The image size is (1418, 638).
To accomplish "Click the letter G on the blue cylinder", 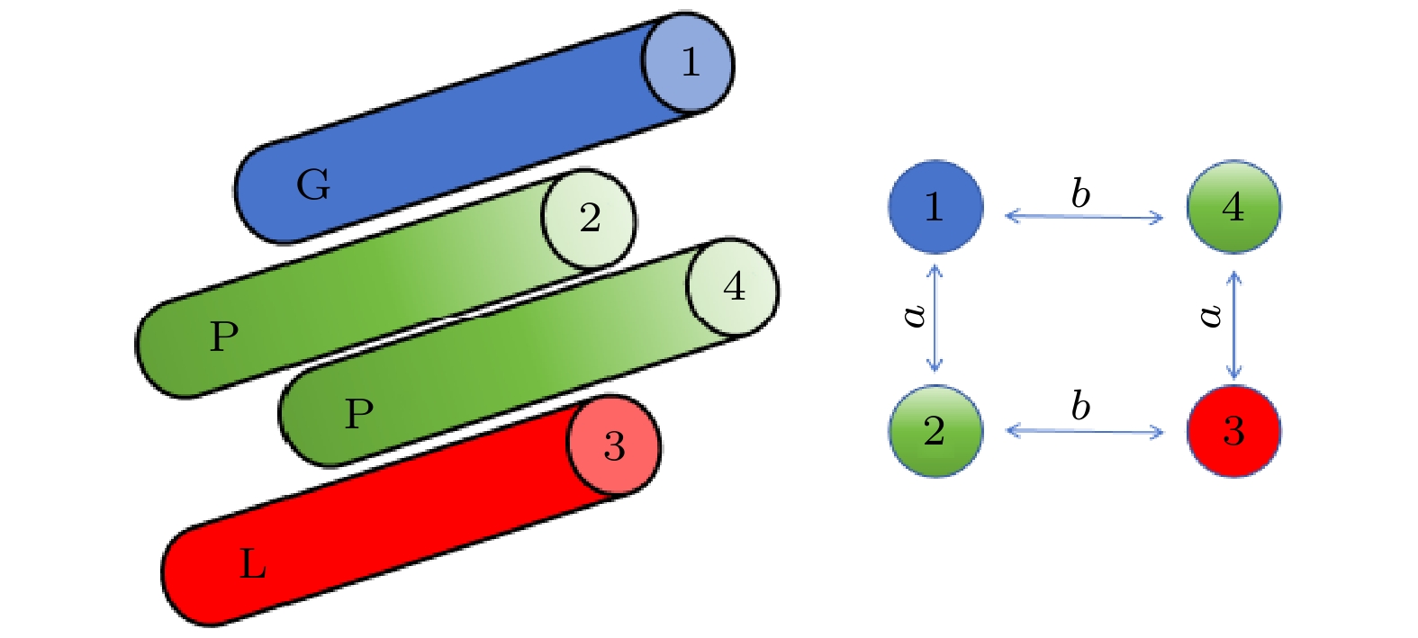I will [313, 185].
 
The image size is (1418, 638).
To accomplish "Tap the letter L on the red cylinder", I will [253, 565].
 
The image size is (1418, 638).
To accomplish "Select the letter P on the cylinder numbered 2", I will [224, 337].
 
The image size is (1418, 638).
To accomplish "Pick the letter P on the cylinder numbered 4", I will [359, 414].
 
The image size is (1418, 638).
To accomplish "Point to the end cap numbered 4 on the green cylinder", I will [733, 287].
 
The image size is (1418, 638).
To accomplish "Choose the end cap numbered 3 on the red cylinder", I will [614, 445].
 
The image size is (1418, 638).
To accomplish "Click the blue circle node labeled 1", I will [935, 207].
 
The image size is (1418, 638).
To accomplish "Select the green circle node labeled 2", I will [935, 432].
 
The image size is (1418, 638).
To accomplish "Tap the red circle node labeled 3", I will [1233, 432].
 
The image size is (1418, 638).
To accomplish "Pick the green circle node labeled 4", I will [1233, 207].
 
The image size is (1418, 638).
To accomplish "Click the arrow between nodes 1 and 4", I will [1084, 217].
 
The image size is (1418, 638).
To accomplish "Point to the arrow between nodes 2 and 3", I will [1084, 432].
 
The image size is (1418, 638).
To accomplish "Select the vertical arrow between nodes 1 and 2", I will [935, 318].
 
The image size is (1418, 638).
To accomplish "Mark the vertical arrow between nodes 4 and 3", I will [1234, 325].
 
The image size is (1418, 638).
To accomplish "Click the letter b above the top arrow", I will [1080, 193].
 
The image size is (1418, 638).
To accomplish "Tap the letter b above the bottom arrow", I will [1080, 407].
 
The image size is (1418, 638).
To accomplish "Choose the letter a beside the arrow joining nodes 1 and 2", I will [914, 314].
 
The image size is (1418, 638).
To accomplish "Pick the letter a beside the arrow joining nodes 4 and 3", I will [1212, 314].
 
